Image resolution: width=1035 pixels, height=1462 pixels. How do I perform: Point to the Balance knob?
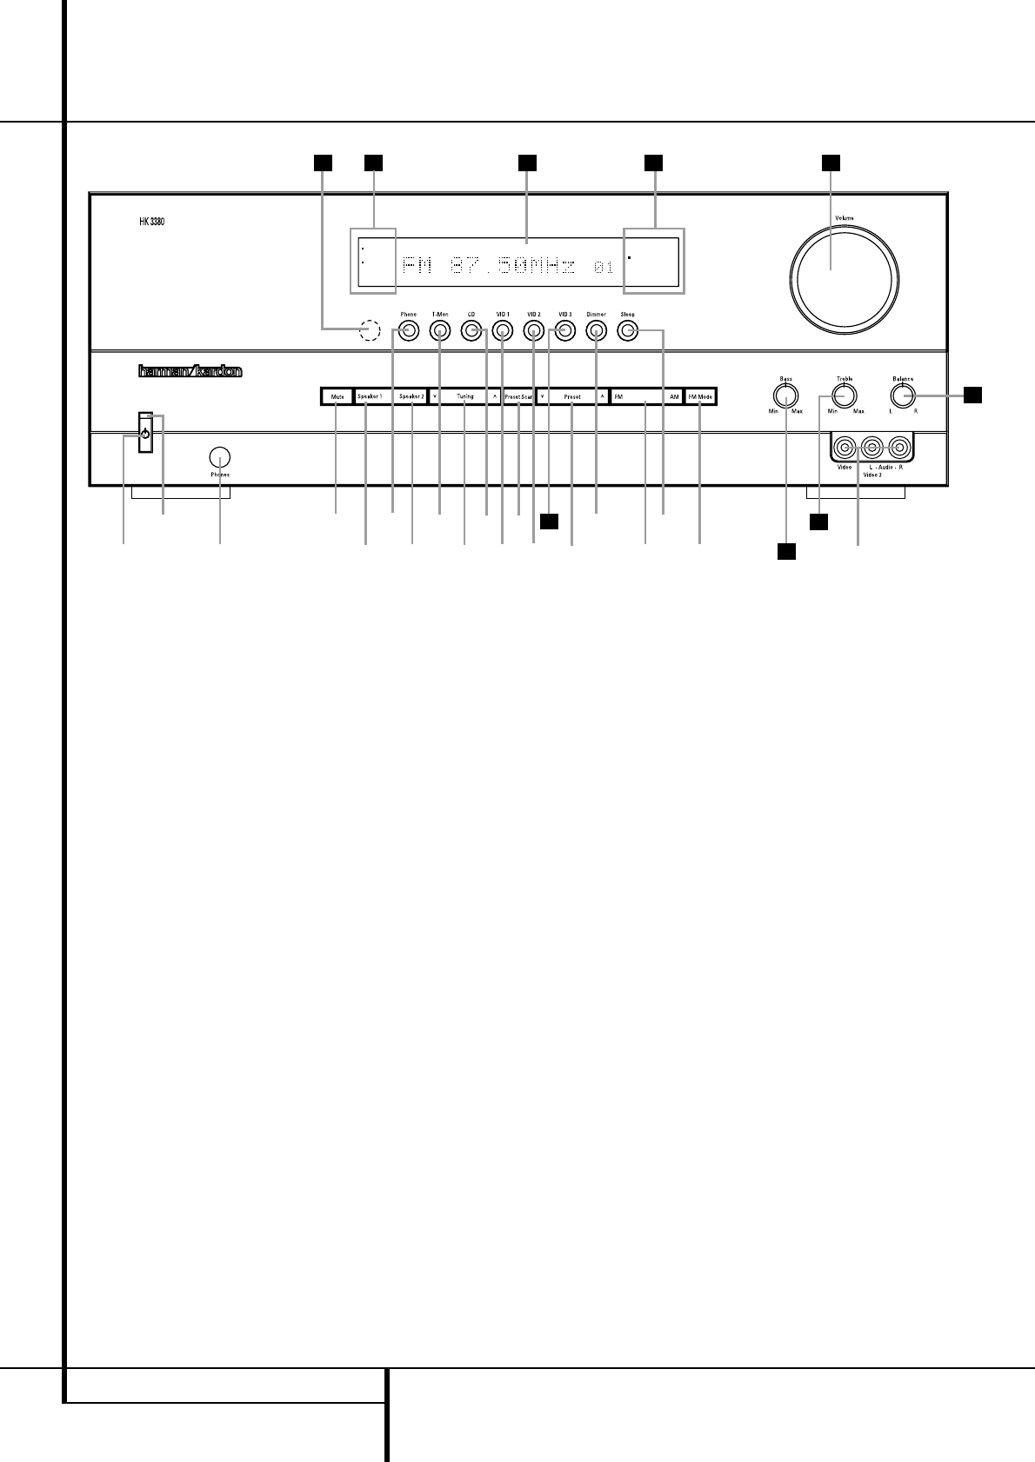click(903, 397)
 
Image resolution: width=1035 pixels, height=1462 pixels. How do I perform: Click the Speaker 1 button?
click(370, 396)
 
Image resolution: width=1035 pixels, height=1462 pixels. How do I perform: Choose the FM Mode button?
click(700, 396)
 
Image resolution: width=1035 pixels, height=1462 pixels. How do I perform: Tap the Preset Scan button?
click(519, 396)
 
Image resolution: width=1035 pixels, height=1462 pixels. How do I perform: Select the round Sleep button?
click(627, 331)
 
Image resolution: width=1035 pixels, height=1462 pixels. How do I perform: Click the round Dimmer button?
click(596, 331)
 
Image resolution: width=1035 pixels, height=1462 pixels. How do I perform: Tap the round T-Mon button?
click(439, 331)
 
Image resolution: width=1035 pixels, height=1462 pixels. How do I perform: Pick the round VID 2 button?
click(533, 331)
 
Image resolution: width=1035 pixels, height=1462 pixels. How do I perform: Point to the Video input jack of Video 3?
click(844, 449)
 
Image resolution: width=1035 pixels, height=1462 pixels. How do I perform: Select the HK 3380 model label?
click(151, 222)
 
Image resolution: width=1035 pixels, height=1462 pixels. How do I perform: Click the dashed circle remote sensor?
click(371, 331)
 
